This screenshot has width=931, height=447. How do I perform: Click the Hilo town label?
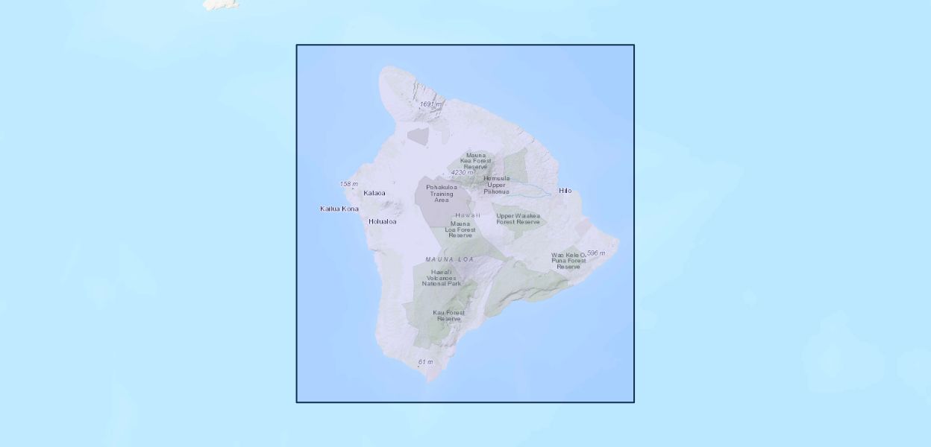pos(565,191)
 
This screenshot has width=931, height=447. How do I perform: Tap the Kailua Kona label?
pos(339,209)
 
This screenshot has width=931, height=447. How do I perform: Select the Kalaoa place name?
pos(374,193)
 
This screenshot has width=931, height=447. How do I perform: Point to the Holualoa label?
pos(383,221)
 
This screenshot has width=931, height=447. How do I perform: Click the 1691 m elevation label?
pos(430,104)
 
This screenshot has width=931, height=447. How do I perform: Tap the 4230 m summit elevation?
pos(462,173)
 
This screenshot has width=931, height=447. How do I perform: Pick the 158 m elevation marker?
pos(348,184)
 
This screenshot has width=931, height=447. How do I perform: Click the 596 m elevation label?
pos(595,253)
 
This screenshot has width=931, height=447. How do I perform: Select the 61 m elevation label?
pos(425,362)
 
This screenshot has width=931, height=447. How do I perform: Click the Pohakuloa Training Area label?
pos(441,194)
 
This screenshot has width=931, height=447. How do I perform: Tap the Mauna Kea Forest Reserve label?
pos(475,161)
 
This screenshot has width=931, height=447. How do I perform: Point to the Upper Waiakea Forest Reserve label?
pos(518,219)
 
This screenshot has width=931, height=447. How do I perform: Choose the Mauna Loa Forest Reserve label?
pos(460,229)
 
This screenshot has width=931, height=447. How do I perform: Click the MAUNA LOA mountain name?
pos(450,259)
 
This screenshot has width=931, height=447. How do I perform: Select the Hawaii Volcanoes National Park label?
pos(441,278)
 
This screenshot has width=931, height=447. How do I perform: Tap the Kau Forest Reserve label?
pos(448,316)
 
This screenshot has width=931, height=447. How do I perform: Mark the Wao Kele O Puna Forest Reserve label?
pos(568,261)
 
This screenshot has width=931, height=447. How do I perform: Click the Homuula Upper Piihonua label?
pos(496,185)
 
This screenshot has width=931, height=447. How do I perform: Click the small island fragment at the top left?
pos(221,4)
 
